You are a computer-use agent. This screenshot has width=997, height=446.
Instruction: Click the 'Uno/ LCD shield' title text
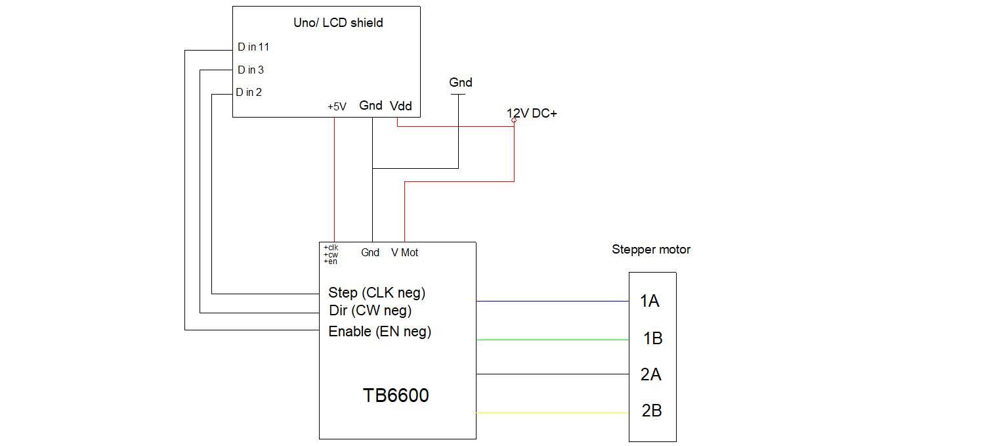(338, 23)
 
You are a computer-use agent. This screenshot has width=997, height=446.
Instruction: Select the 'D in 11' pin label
(253, 47)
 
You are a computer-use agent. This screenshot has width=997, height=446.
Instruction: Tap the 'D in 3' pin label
(251, 70)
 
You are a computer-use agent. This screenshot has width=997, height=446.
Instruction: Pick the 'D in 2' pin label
(249, 93)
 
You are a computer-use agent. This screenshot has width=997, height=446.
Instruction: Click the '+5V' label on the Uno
(337, 106)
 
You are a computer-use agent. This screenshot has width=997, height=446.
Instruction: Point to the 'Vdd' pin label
(401, 106)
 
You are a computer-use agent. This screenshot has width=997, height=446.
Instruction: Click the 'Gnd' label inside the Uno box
(371, 105)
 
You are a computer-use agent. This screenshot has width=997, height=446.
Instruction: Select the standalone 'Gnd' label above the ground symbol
(460, 83)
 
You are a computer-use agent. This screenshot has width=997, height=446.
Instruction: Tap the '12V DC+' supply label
(532, 114)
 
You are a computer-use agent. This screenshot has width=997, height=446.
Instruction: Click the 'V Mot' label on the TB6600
(404, 252)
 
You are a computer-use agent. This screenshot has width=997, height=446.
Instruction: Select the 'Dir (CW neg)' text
(370, 310)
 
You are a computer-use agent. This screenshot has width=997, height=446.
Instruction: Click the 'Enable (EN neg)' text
(379, 331)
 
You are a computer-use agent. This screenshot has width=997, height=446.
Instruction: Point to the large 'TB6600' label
(396, 395)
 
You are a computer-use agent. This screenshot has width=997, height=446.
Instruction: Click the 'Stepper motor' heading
(650, 250)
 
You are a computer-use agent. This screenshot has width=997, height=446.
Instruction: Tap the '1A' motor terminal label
(649, 301)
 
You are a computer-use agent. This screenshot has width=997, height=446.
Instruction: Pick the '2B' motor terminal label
(651, 411)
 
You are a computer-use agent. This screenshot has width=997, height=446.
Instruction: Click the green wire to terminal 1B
(551, 340)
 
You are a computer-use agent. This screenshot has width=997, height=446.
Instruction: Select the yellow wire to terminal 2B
(551, 413)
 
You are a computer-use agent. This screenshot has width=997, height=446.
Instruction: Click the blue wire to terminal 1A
(551, 301)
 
